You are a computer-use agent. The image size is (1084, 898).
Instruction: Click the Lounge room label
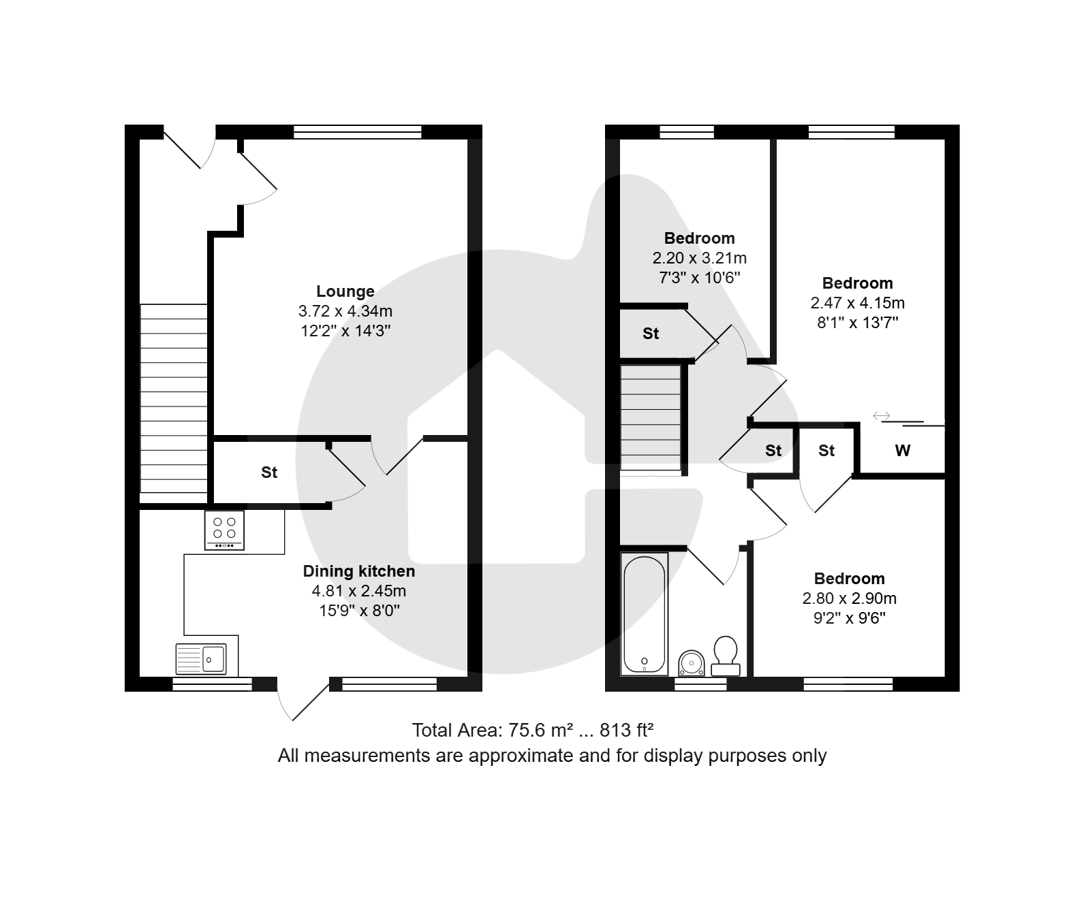[345, 291]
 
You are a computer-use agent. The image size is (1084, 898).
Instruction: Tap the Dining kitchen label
[359, 571]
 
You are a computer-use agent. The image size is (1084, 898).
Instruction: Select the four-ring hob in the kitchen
[224, 530]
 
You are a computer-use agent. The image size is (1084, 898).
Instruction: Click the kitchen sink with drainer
[201, 659]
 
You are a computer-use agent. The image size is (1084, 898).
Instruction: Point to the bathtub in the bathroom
[645, 614]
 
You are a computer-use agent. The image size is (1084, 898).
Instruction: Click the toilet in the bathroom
[725, 656]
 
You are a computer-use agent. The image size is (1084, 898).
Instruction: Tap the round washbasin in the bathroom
[692, 664]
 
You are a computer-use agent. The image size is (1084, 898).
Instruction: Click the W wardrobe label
[902, 450]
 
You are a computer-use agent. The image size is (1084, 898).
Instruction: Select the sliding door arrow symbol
[881, 415]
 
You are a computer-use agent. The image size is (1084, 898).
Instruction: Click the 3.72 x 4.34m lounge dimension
[345, 311]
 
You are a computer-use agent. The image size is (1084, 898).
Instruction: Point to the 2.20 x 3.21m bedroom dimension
[699, 258]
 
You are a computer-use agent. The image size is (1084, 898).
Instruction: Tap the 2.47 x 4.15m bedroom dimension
[857, 303]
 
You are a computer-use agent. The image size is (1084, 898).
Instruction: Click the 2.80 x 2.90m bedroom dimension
[850, 598]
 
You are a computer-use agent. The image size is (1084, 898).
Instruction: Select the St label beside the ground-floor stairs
[269, 472]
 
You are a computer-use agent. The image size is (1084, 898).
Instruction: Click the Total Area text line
[533, 730]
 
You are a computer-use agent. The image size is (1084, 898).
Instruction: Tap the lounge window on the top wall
[358, 132]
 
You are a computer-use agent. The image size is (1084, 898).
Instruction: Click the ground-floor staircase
[174, 398]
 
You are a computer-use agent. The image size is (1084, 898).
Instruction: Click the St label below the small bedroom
[651, 333]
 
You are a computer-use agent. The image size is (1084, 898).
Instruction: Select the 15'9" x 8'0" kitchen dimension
[359, 611]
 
